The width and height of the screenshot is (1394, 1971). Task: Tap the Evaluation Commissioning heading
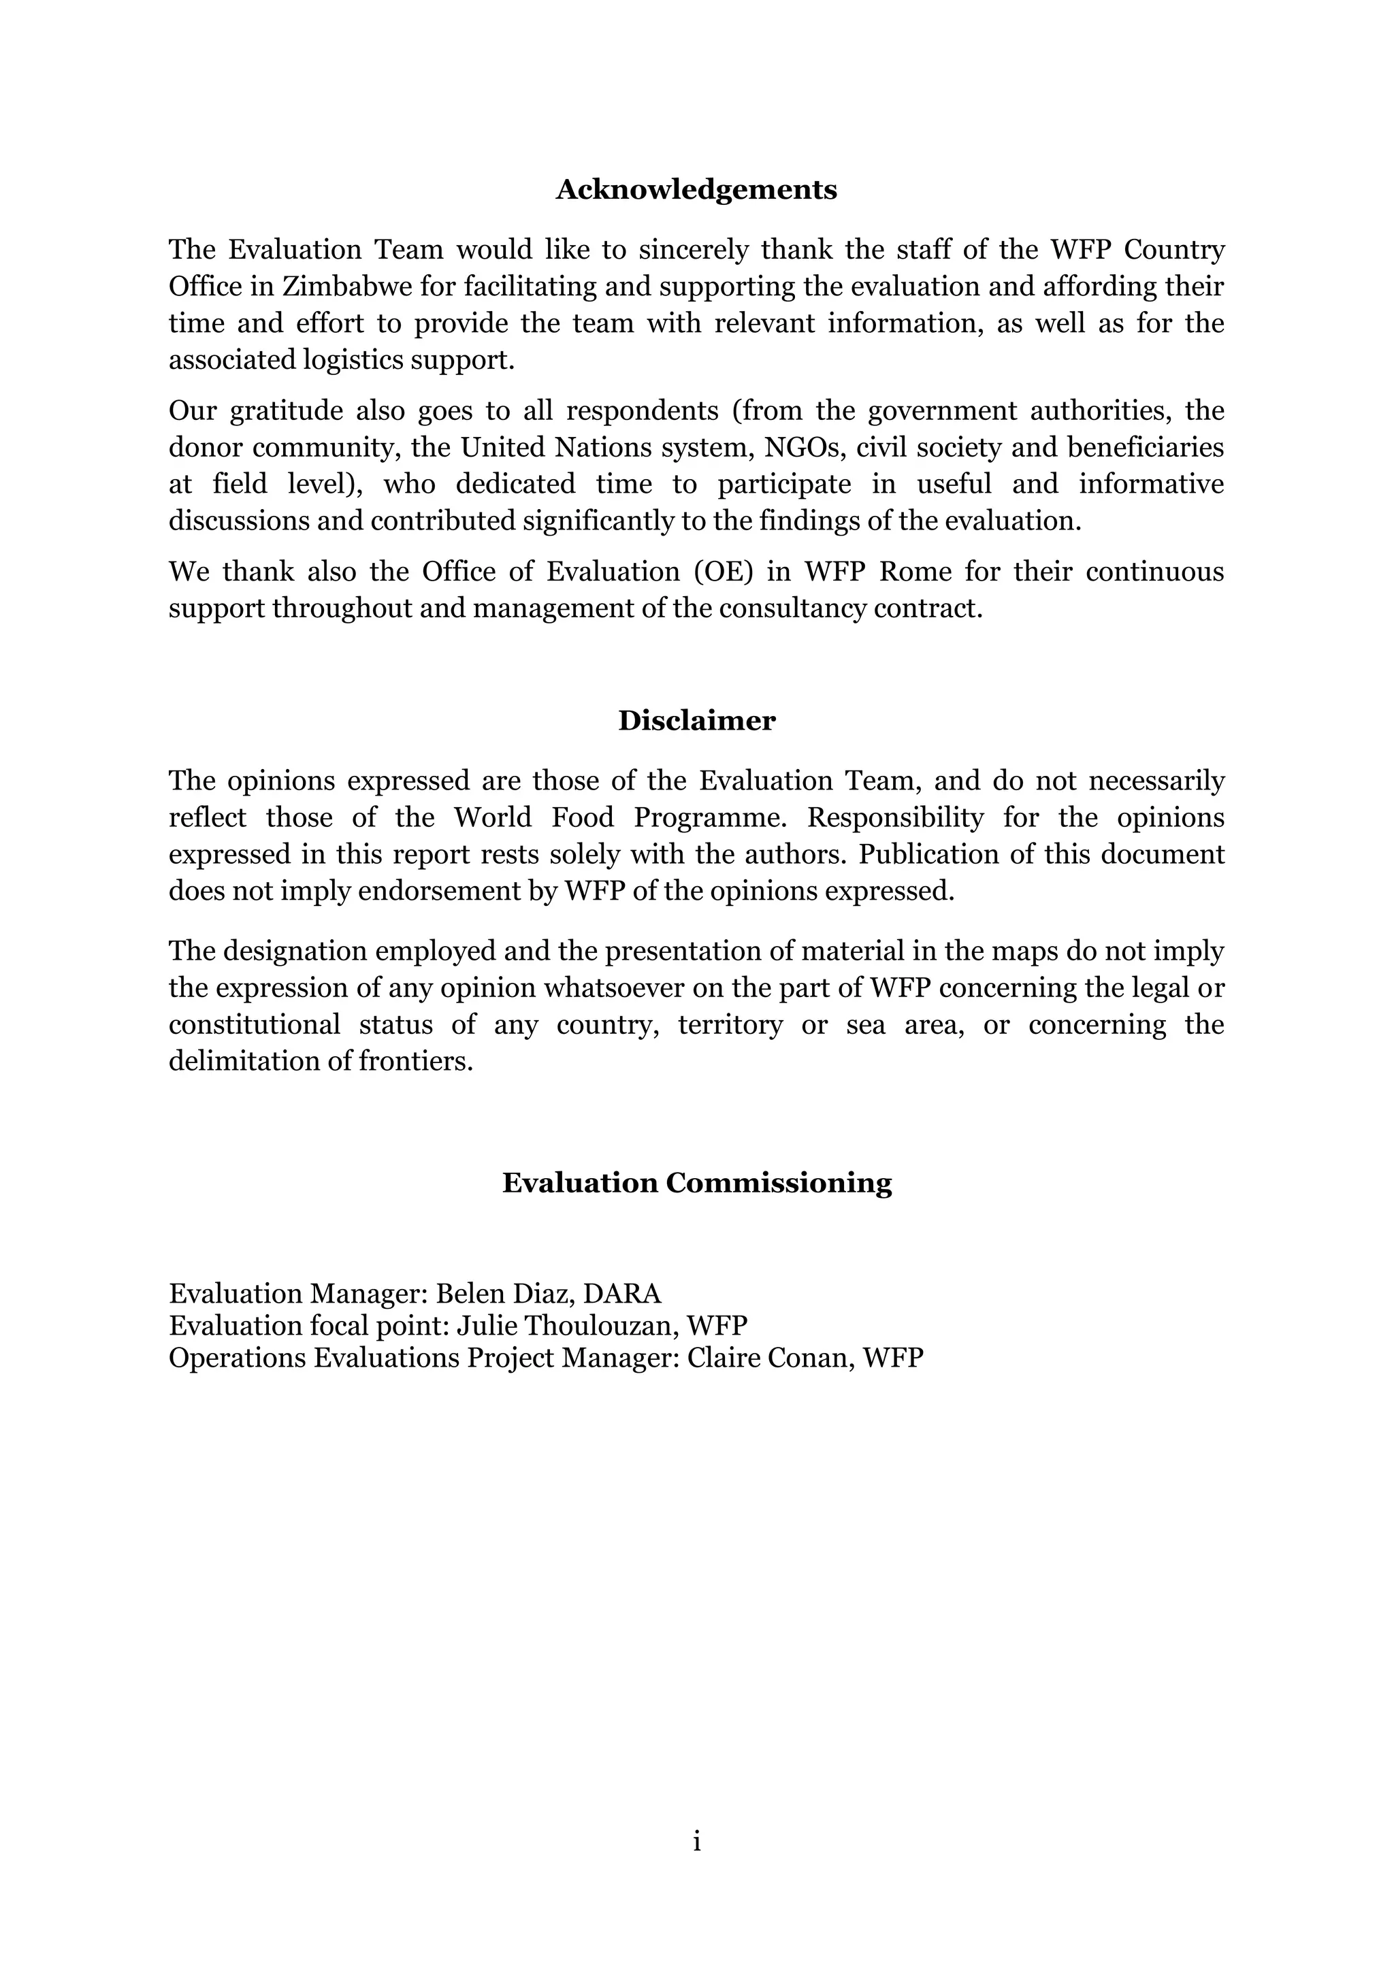click(x=696, y=1182)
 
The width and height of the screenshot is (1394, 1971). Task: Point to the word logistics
click(x=354, y=359)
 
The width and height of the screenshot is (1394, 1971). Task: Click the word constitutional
click(x=254, y=1025)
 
